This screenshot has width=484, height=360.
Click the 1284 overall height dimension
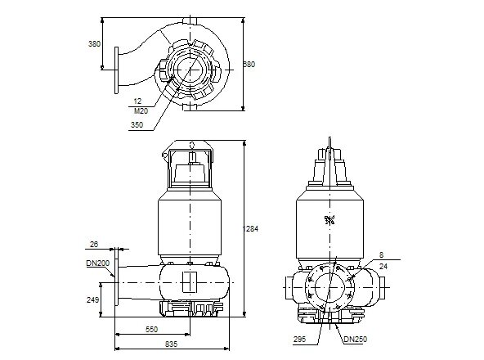(252, 228)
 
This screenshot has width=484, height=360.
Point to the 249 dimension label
(93, 301)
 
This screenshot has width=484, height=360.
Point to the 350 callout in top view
(136, 124)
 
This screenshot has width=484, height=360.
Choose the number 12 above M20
(137, 101)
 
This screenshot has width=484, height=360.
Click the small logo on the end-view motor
(330, 218)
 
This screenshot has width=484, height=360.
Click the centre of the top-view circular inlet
(194, 71)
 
